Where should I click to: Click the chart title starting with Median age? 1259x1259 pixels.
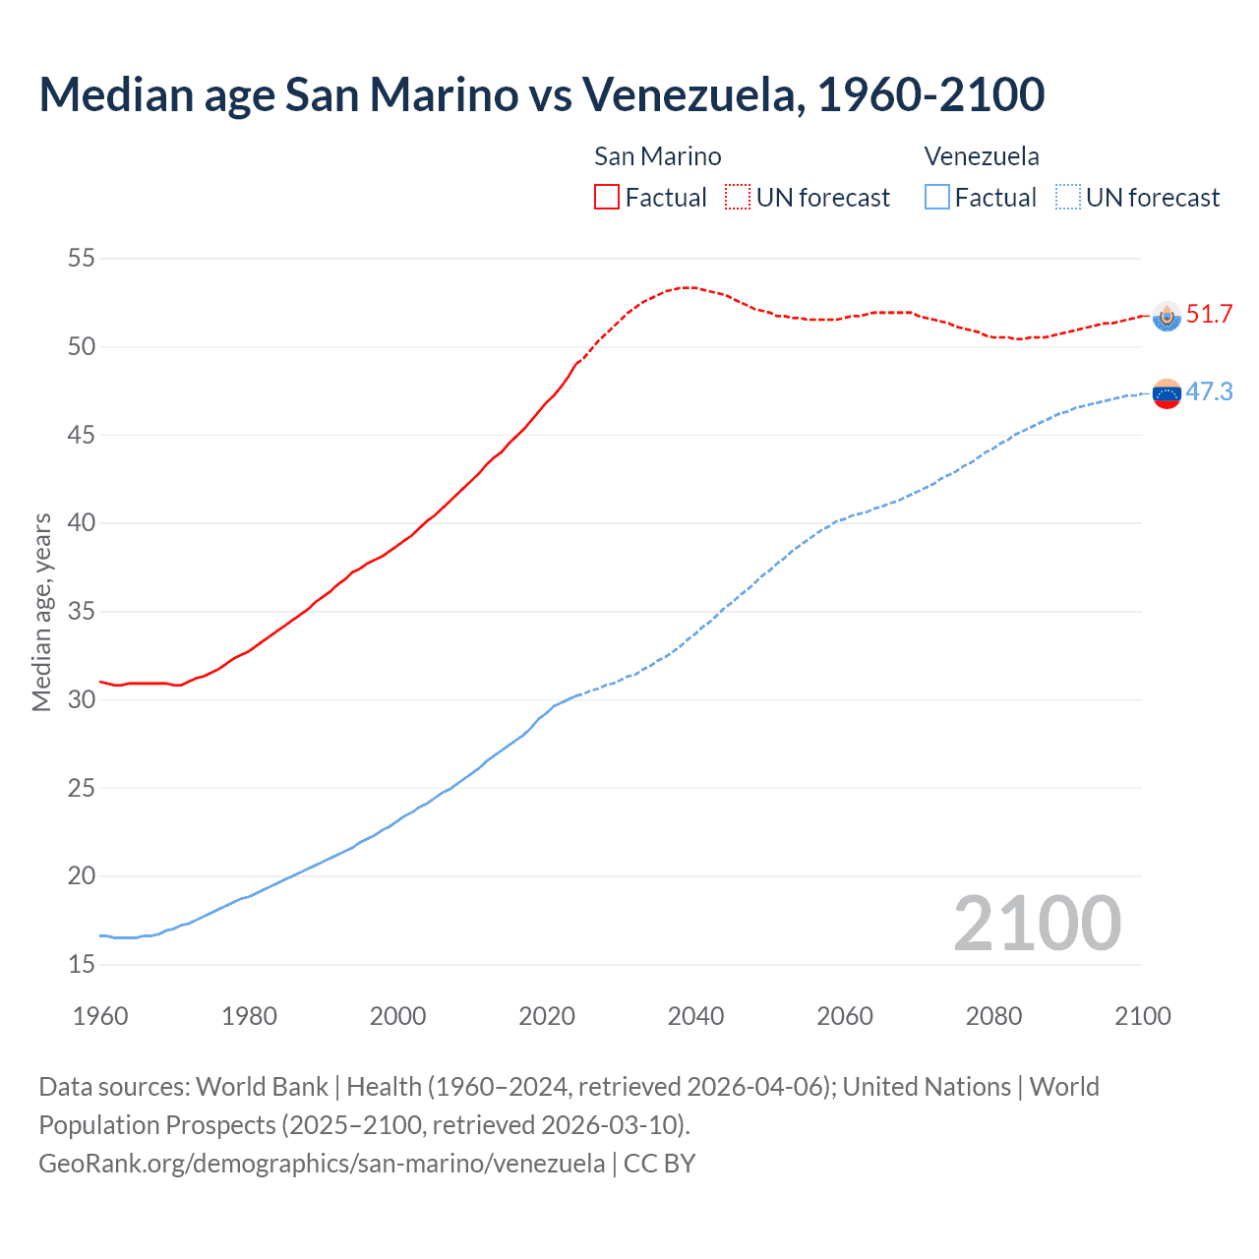click(x=541, y=95)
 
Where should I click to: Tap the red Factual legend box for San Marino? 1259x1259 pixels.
click(x=607, y=198)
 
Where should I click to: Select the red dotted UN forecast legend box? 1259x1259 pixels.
click(x=738, y=198)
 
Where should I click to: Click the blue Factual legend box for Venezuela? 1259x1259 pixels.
click(x=937, y=198)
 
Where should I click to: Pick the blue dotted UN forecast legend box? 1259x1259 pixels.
click(x=1068, y=198)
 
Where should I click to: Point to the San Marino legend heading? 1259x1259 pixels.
click(x=657, y=156)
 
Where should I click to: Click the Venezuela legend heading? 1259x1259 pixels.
click(x=982, y=156)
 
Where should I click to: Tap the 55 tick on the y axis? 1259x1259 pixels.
click(x=81, y=259)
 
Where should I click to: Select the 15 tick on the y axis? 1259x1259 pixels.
click(x=81, y=965)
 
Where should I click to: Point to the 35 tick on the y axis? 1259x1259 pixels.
click(x=81, y=612)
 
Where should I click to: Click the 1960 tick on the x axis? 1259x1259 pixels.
click(x=100, y=1016)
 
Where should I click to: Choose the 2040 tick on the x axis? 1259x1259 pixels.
click(x=695, y=1016)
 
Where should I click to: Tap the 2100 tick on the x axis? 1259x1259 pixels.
click(x=1142, y=1016)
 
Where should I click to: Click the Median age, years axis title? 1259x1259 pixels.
click(x=41, y=612)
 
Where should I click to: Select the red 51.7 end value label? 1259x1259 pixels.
click(x=1209, y=315)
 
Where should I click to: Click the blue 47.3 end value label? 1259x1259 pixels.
click(x=1209, y=392)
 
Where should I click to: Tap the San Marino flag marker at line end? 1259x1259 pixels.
click(x=1167, y=316)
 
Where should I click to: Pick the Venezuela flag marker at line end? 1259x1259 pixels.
click(x=1167, y=393)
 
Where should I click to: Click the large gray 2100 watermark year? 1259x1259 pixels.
click(x=1037, y=924)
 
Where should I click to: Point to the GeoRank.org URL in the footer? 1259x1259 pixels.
click(x=322, y=1164)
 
